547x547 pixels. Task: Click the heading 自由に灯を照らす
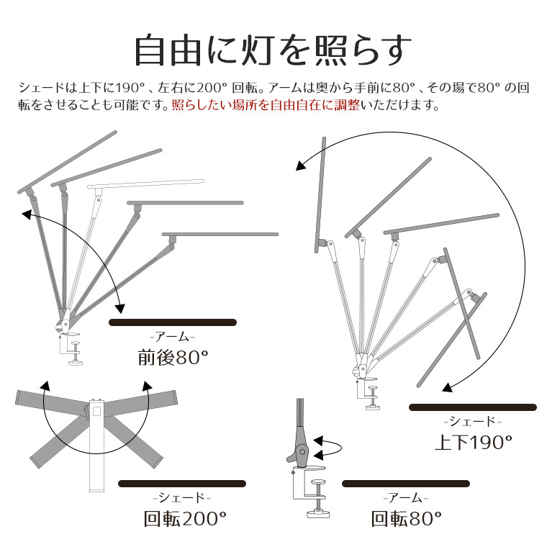[x=273, y=50]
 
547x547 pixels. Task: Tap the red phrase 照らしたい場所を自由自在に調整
[x=266, y=105]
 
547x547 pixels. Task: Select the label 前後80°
[x=173, y=357]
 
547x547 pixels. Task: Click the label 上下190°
[x=474, y=442]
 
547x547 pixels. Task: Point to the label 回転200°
[x=185, y=519]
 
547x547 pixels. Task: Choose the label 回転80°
[x=406, y=519]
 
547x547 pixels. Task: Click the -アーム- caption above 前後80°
[x=172, y=337]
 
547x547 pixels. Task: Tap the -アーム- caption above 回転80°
[x=405, y=498]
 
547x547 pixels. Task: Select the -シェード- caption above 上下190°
[x=472, y=422]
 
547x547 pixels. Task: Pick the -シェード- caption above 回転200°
[x=182, y=498]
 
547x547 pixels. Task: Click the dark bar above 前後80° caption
[x=173, y=322]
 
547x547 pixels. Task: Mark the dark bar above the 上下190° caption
[x=473, y=407]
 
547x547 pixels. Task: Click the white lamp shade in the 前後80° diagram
[x=145, y=184]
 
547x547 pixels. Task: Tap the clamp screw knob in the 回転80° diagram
[x=318, y=482]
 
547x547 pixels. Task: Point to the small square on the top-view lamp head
[x=96, y=412]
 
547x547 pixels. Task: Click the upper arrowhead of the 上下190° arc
[x=300, y=166]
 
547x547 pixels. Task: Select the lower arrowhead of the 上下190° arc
[x=447, y=388]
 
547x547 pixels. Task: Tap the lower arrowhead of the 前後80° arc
[x=120, y=308]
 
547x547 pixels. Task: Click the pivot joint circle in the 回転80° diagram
[x=302, y=452]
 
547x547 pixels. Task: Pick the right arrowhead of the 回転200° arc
[x=148, y=386]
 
